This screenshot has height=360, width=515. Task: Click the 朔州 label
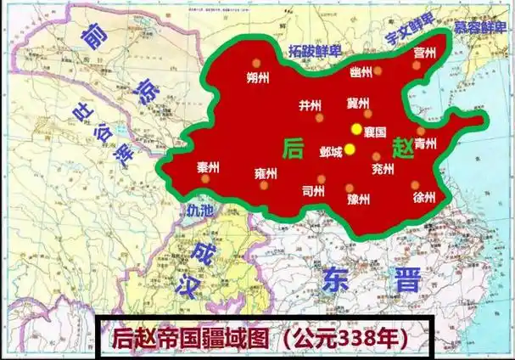tap(257, 79)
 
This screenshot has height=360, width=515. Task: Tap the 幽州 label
tap(361, 73)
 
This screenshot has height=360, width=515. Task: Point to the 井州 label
tap(310, 106)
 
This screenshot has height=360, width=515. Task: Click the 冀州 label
tap(358, 103)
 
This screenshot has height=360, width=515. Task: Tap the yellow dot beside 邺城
tap(350, 150)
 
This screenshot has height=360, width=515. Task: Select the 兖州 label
tap(383, 168)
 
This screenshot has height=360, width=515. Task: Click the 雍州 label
tap(266, 173)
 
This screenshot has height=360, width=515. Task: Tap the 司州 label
tap(313, 192)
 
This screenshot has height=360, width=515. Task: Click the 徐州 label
tap(423, 197)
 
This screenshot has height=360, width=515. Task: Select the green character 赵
tap(403, 149)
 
